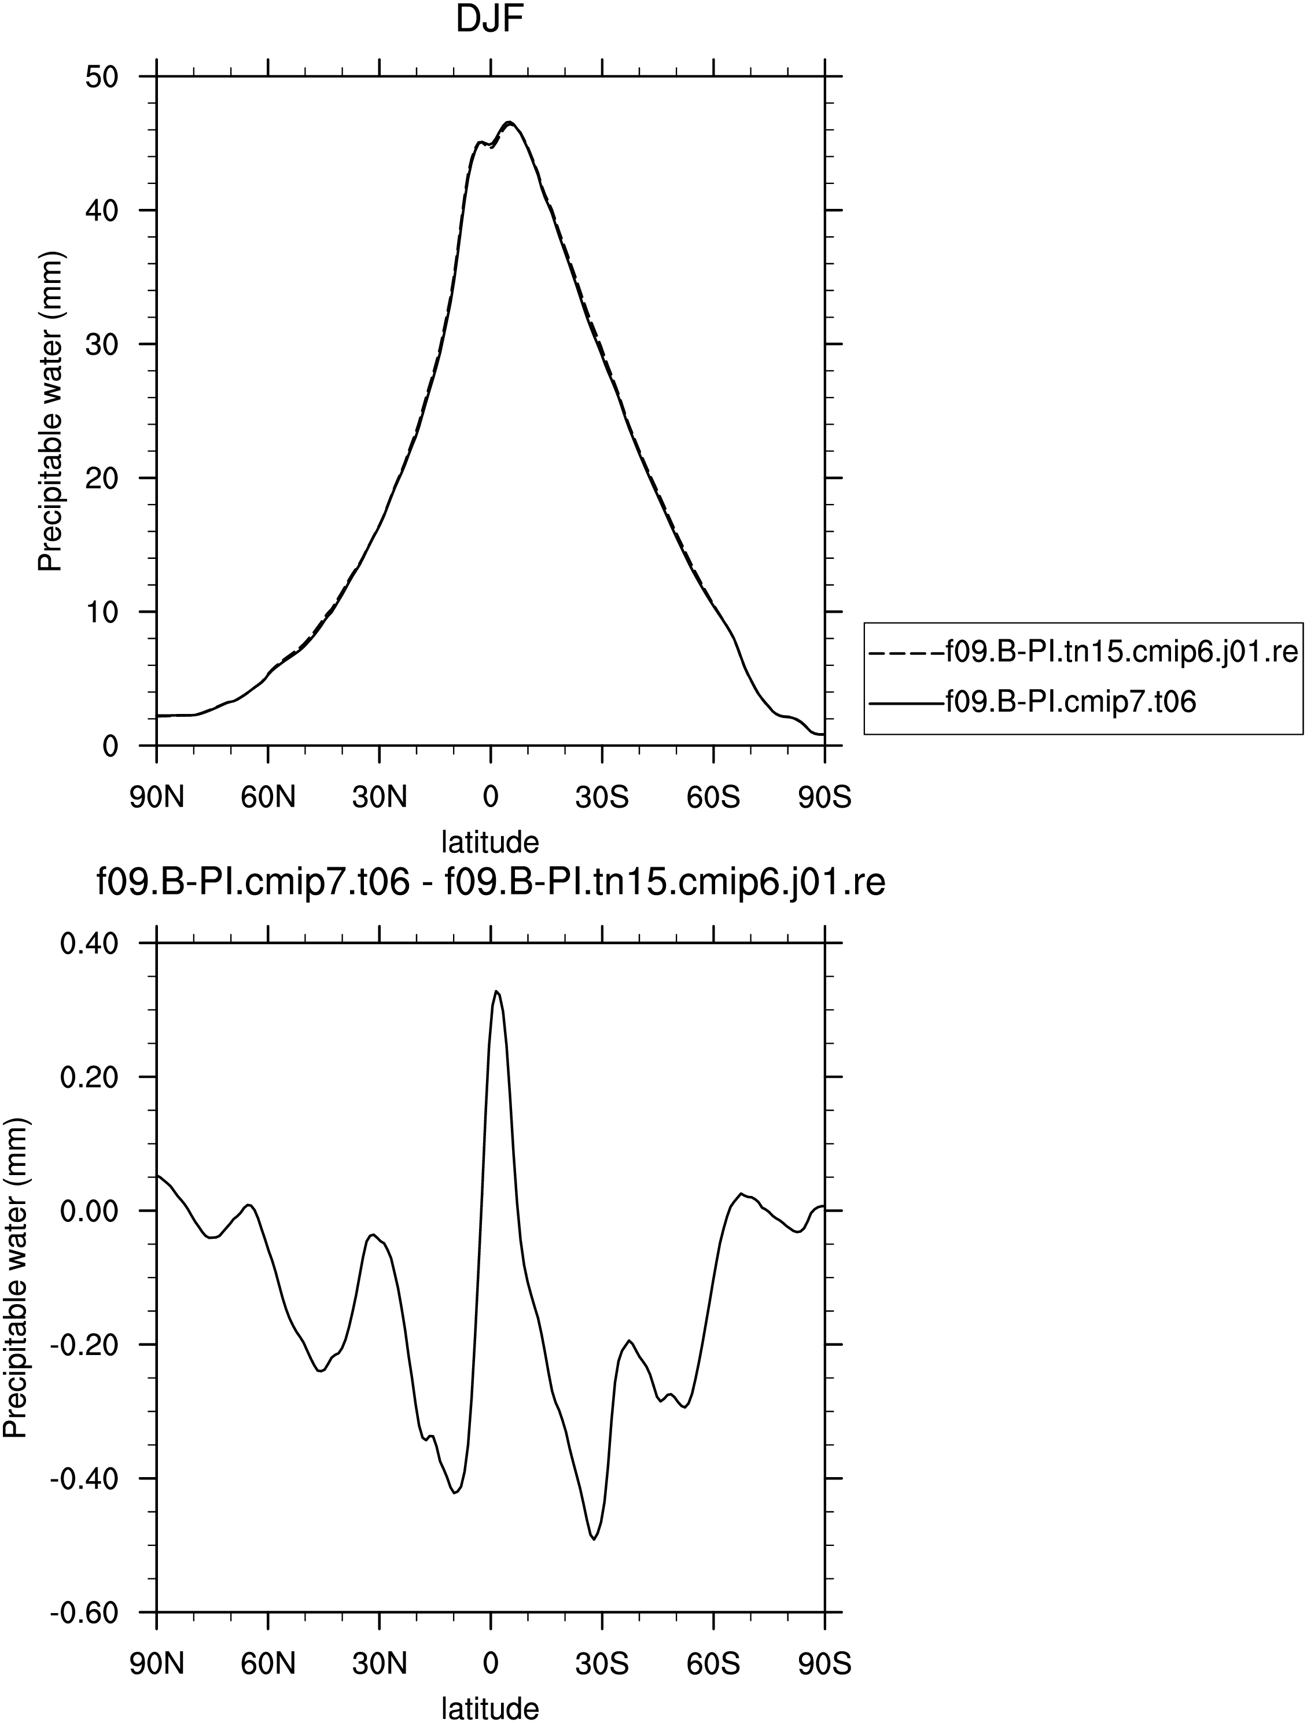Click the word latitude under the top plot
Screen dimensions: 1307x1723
pyautogui.click(x=490, y=842)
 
